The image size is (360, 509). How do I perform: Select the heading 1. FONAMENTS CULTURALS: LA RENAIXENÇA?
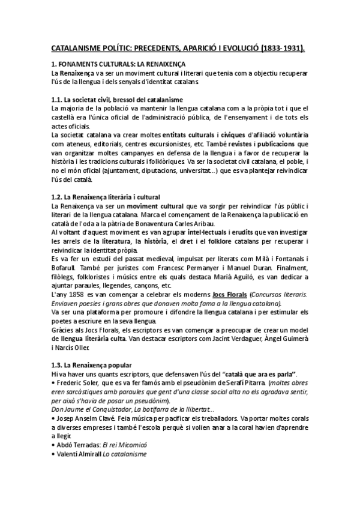click(118, 64)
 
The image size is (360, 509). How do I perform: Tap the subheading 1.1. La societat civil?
click(91, 99)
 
